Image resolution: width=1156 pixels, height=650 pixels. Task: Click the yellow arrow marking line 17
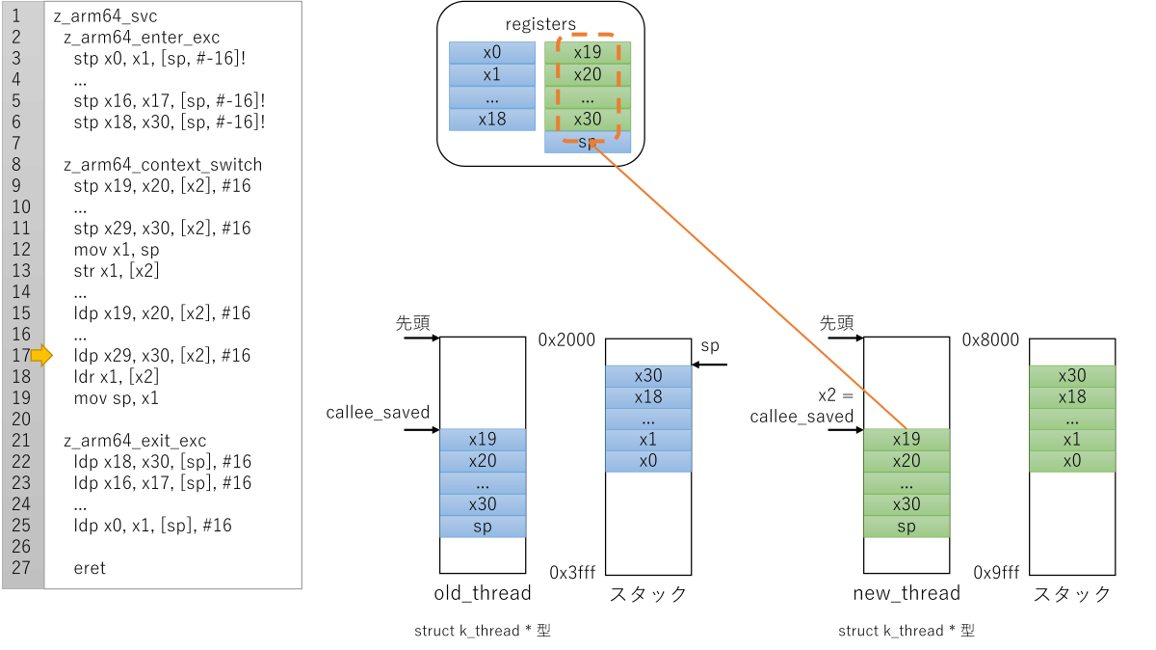tap(41, 356)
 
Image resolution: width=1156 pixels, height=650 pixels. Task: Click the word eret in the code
tap(90, 568)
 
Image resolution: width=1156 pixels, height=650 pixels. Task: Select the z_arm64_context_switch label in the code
tap(163, 164)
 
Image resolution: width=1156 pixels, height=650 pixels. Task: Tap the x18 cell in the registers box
tap(492, 120)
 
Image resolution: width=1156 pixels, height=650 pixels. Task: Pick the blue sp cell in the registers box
tap(588, 142)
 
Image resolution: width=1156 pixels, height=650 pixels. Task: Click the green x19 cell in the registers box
tap(588, 52)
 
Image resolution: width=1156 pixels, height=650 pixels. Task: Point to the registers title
tap(540, 24)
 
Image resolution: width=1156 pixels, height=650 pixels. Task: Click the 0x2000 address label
tap(566, 340)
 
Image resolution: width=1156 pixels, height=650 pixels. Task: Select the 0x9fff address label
tap(996, 573)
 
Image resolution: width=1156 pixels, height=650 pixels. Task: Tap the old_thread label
tap(483, 593)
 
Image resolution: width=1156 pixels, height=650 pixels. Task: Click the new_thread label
tap(906, 593)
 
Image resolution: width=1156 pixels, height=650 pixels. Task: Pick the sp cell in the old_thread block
tap(483, 527)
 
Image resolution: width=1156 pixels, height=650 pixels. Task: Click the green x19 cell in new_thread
tap(906, 439)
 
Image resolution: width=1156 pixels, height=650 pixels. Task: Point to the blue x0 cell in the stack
tap(648, 461)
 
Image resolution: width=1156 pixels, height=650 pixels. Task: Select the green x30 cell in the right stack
tap(1072, 376)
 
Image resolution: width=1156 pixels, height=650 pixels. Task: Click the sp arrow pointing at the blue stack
tap(709, 365)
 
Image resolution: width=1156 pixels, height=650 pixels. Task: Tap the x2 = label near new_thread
tap(835, 395)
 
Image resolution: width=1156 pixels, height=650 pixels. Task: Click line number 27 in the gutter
tap(21, 568)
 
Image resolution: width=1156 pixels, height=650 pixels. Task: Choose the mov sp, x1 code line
tap(117, 398)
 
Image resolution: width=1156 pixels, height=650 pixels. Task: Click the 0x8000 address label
tap(990, 340)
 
